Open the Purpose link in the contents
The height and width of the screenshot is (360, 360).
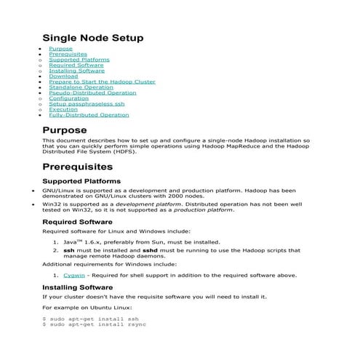click(x=60, y=49)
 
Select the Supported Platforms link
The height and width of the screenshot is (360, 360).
click(x=79, y=60)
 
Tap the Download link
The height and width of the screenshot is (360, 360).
click(x=63, y=76)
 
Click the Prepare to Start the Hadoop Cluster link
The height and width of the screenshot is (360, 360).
click(x=102, y=82)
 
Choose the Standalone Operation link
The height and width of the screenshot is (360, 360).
click(x=81, y=87)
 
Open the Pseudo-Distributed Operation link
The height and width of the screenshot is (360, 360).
click(x=92, y=93)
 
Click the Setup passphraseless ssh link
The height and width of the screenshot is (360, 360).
click(x=81, y=104)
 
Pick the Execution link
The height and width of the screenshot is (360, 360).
click(x=63, y=110)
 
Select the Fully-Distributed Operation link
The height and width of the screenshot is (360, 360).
click(x=89, y=115)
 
